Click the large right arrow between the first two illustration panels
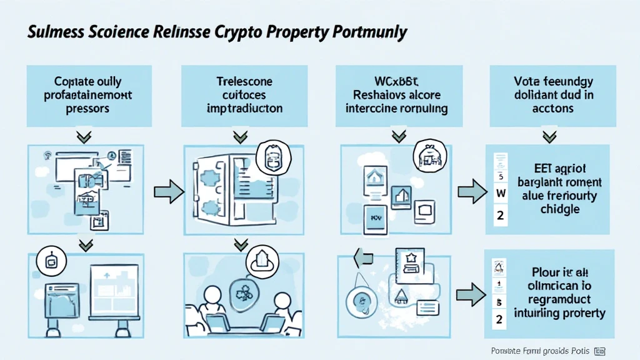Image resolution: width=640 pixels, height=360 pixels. click(168, 191)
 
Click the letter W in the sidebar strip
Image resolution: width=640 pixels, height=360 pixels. click(500, 194)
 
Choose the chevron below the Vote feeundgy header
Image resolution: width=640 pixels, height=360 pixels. click(550, 136)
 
